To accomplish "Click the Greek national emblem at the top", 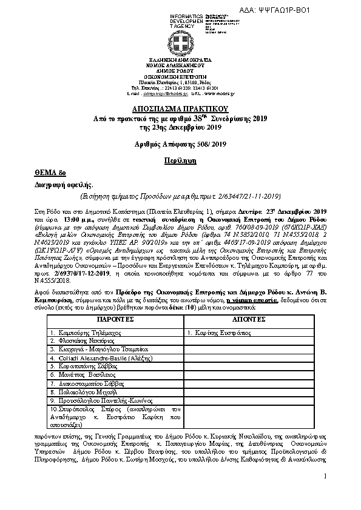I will pos(181,44).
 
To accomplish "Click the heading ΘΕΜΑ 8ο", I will pos(46,173).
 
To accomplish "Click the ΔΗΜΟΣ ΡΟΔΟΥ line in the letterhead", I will pos(181,70).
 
